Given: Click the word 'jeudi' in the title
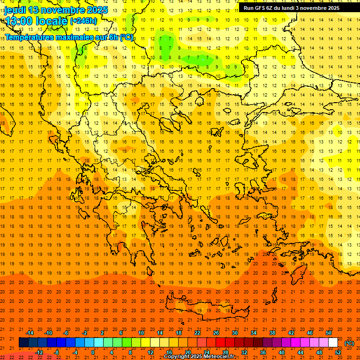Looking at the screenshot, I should pos(15,10).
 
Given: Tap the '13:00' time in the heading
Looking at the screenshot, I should pos(19,21).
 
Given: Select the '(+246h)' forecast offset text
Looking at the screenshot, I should pos(83,21).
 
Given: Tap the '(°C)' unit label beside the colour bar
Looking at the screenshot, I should pos(349,343).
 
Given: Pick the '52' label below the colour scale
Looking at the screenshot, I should pos(337,352).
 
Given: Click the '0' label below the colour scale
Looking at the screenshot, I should pos(93,352).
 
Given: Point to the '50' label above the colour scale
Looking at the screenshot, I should pos(328,333).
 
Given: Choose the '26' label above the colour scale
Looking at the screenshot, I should pos(216,333).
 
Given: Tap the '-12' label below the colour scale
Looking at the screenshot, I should pos(39,352).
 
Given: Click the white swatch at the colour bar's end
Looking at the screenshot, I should pos(333,343).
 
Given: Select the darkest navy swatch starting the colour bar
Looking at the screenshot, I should pos(23,343).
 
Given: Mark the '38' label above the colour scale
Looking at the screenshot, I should pos(272,333).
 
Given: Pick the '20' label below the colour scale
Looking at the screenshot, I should pos(187,352).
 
